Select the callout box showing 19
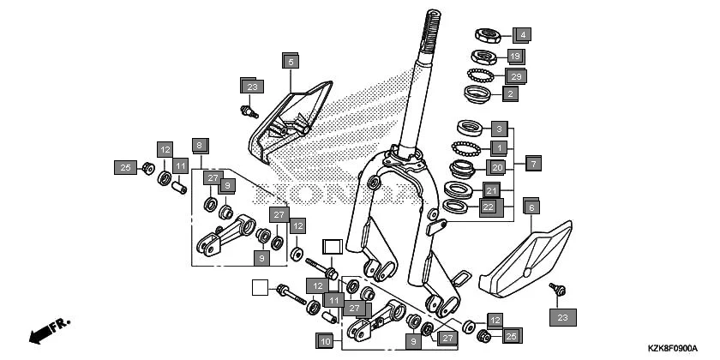[x=514, y=57]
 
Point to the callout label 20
[x=497, y=167]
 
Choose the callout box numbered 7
[x=532, y=162]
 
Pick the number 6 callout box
[x=531, y=207]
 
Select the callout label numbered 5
[x=291, y=61]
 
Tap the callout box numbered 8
[x=199, y=145]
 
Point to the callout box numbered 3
[x=498, y=129]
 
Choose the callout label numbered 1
[x=498, y=147]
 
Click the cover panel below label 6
[x=524, y=256]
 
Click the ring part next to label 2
[x=477, y=92]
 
